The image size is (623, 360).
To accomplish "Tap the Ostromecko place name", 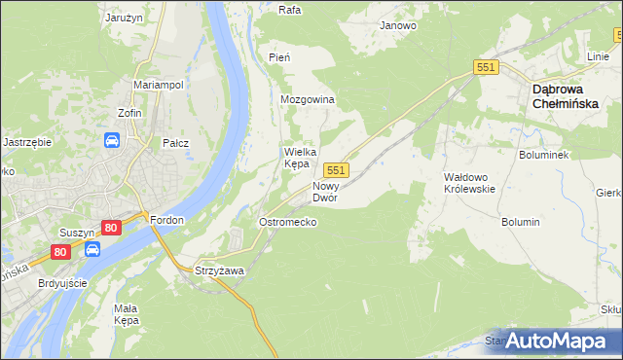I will pos(286,222).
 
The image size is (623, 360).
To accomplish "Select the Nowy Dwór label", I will pos(325,191).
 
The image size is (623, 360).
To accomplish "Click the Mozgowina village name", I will pos(308,100).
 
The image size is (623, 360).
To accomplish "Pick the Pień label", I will pos(279,57).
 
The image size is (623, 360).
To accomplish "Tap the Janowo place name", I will pos(398,26).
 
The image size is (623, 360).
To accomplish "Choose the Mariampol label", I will pos(159,85).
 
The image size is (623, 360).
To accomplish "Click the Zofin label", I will pos(130,113).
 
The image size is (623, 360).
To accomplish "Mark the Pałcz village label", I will pos(175,143).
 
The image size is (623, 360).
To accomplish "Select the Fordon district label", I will pos(167,220).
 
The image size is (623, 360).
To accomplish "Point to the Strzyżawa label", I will pos(218,270).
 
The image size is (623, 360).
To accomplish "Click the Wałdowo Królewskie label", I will pos(470,183).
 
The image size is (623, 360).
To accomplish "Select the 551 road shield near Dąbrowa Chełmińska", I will pos(487,67).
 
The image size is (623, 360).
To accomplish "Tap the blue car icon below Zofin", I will pos(112,141).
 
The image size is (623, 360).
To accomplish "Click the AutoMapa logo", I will pos(559,341).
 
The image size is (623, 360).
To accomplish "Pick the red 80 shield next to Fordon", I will pos(111,228).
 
